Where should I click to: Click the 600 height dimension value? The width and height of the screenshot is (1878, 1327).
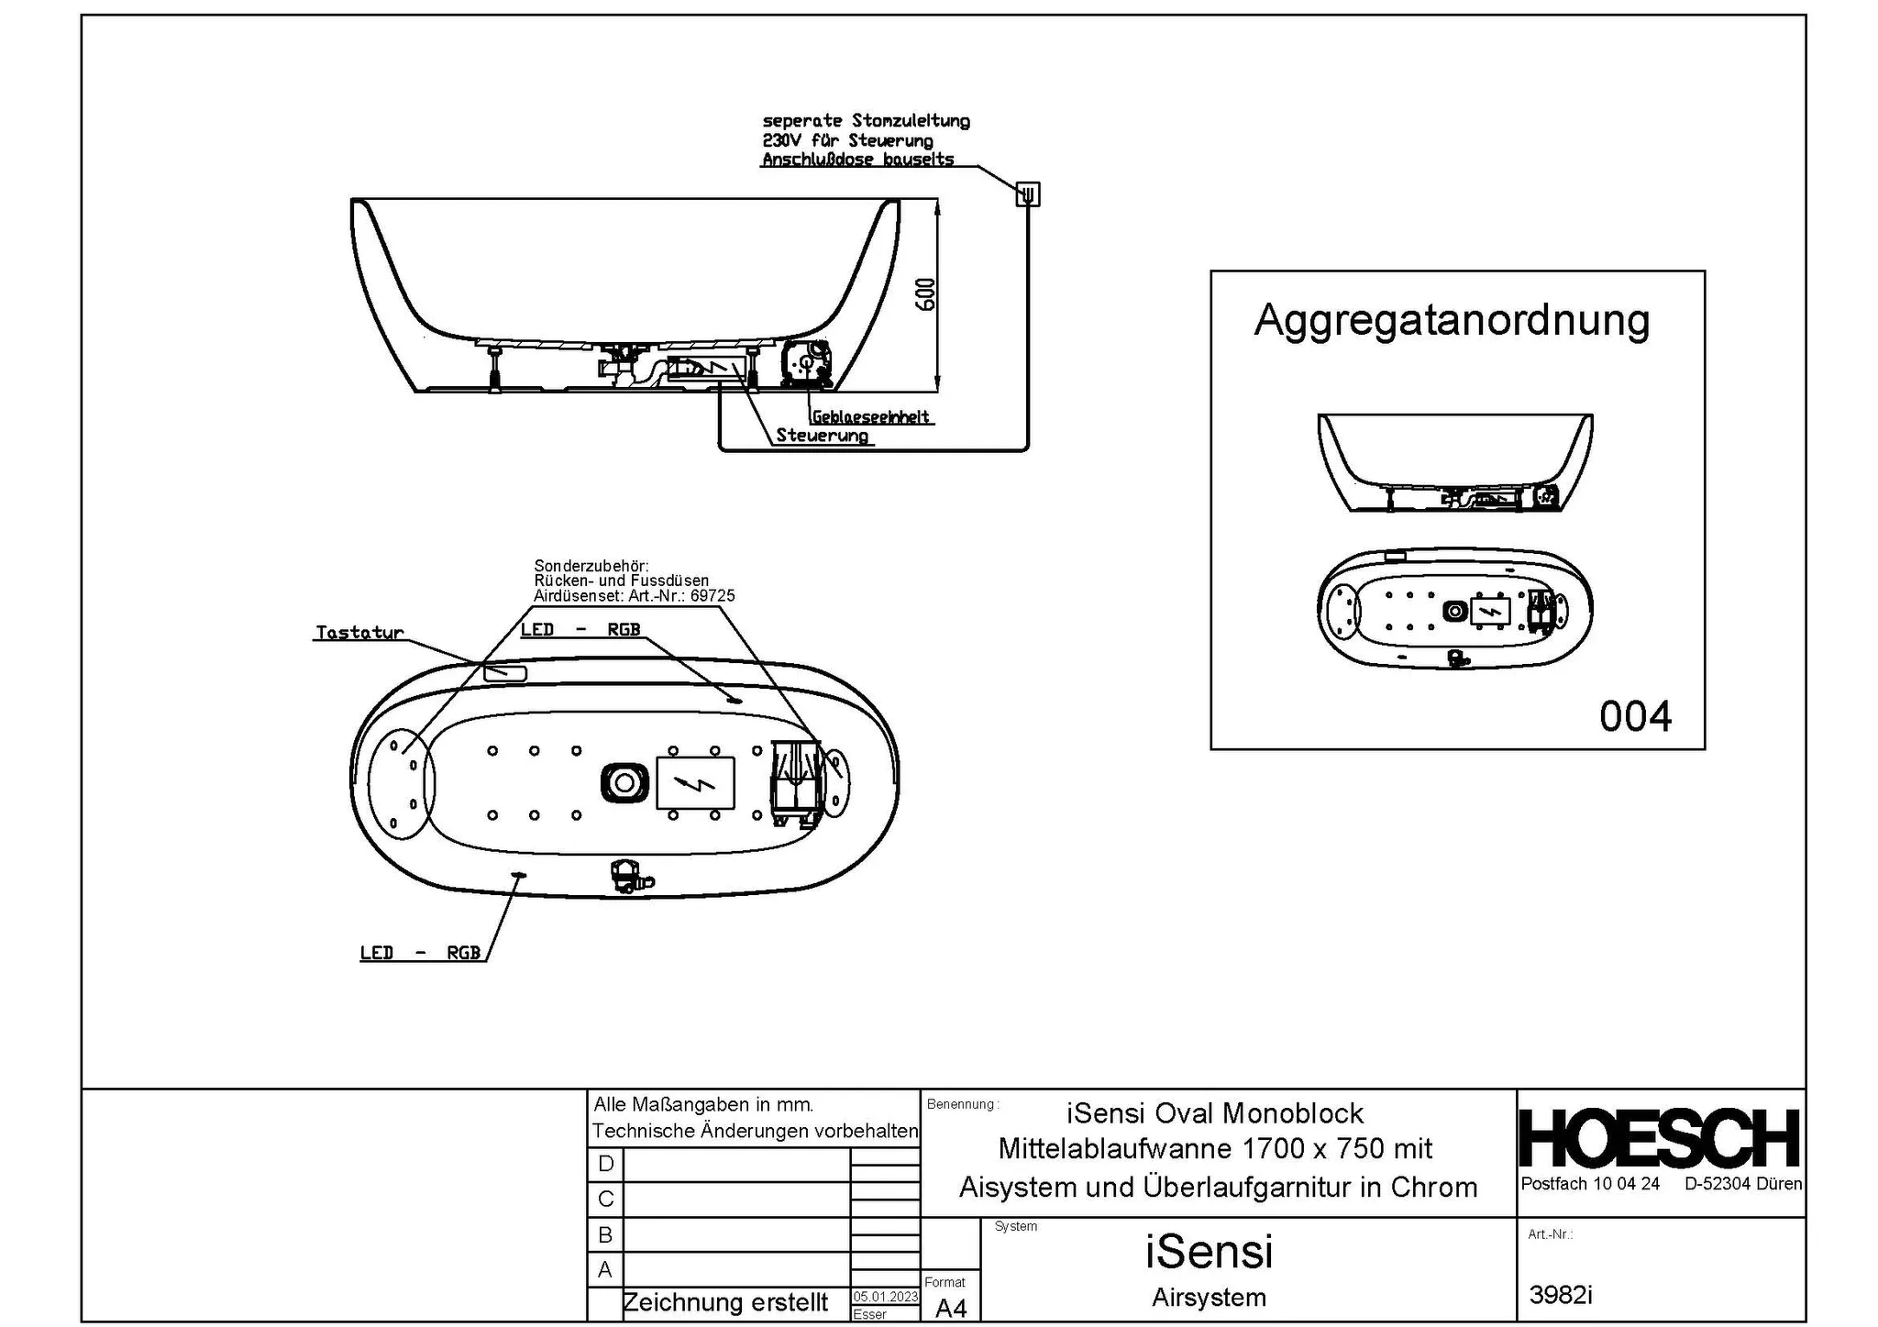(x=926, y=294)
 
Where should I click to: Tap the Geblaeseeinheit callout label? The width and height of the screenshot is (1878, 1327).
(x=871, y=417)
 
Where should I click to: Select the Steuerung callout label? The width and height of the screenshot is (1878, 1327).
(x=822, y=436)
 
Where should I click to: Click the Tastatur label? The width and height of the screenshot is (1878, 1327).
(x=359, y=633)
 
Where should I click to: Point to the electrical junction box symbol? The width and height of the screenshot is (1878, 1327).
(x=1028, y=194)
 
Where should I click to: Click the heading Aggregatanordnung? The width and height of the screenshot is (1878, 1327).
(x=1452, y=320)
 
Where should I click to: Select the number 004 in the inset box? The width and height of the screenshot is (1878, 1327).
(x=1635, y=716)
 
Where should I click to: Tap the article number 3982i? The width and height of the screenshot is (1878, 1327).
(x=1561, y=1294)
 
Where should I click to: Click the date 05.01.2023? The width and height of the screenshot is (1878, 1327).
(x=885, y=1297)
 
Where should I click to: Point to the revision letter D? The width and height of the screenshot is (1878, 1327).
(x=605, y=1164)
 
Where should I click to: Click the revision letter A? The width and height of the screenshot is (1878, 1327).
(x=605, y=1270)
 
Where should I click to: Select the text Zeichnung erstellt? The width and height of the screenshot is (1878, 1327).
(x=725, y=1302)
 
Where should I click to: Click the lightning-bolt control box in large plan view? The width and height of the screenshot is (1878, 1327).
(x=696, y=783)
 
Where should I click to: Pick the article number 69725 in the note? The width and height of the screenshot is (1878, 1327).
(x=713, y=596)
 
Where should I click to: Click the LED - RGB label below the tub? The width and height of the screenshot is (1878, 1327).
(x=420, y=953)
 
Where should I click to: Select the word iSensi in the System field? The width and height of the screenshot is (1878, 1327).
(x=1209, y=1252)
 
